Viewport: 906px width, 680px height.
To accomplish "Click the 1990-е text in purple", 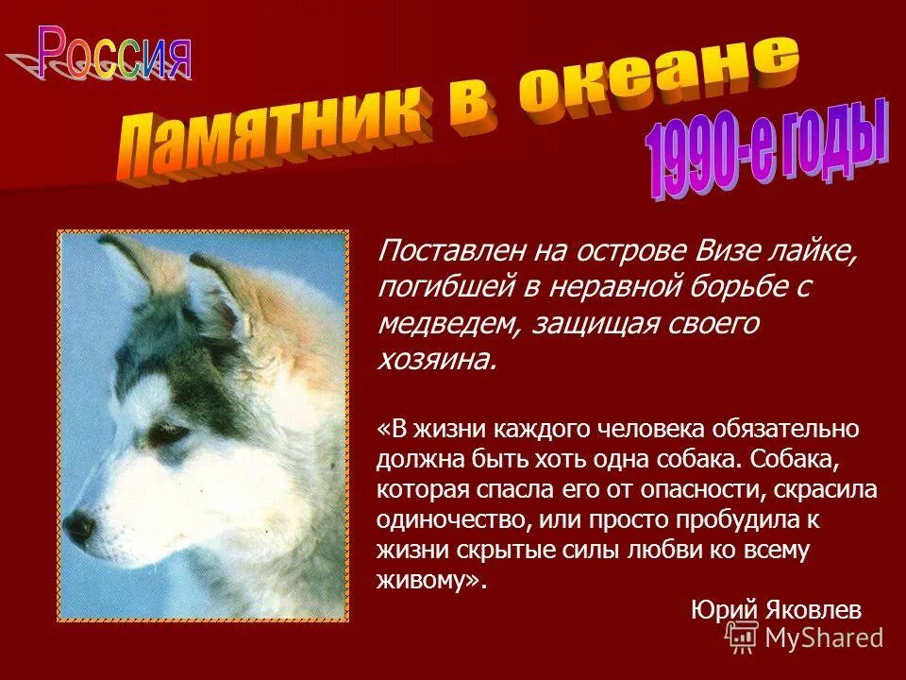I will pyautogui.click(x=717, y=156).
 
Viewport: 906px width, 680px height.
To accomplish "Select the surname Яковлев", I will pyautogui.click(x=811, y=610).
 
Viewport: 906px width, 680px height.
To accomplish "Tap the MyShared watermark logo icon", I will pyautogui.click(x=740, y=637).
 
